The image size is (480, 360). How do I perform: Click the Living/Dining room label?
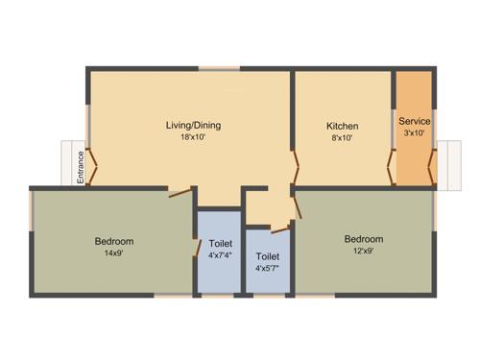pos(187,124)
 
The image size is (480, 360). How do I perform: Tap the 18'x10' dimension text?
pos(187,137)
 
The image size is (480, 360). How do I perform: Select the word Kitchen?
pos(342,126)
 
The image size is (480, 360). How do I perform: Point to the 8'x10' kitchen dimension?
pos(342,138)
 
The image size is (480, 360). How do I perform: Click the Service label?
pos(415,122)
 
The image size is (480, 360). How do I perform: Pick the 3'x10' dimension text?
pos(415,133)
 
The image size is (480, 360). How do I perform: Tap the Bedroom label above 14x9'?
pos(113,240)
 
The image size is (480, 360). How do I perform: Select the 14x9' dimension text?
pos(113,253)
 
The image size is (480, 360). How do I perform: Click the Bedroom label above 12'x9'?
pos(364,239)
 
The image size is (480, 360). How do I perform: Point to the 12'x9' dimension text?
pos(364,252)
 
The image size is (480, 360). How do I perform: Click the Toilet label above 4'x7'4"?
pos(220,244)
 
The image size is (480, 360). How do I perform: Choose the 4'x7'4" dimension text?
pos(220,256)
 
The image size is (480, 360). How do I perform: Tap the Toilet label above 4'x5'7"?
pos(268,256)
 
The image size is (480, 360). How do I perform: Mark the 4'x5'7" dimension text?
pos(268,269)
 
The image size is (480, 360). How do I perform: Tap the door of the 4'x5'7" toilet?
pos(279,228)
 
